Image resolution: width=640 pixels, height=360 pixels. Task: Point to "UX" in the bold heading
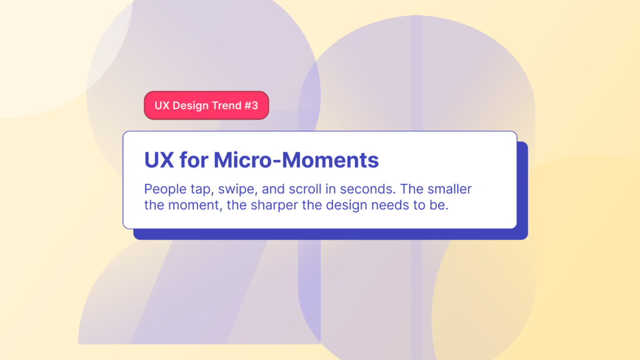[x=159, y=160]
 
